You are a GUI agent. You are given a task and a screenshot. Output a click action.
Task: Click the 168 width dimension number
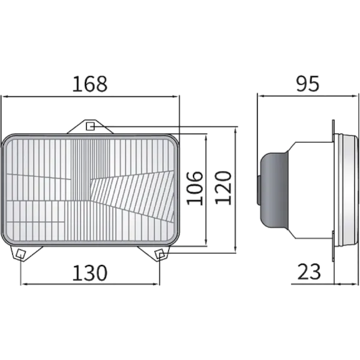tap(90, 84)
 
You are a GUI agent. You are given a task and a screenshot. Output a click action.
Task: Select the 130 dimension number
tap(90, 273)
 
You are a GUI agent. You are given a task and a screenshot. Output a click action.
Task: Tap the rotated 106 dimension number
tap(195, 188)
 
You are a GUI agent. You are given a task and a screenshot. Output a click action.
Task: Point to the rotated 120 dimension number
tap(223, 187)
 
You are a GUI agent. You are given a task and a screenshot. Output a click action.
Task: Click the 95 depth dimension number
tap(307, 84)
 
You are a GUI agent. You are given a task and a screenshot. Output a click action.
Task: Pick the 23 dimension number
tap(309, 272)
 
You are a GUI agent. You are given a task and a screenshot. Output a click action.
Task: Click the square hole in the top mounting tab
tap(90, 127)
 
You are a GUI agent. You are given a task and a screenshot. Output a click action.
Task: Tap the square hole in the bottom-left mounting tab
tap(21, 254)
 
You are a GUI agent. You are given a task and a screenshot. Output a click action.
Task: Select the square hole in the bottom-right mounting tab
tap(160, 255)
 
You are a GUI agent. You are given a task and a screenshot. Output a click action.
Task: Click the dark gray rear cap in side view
tap(273, 190)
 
